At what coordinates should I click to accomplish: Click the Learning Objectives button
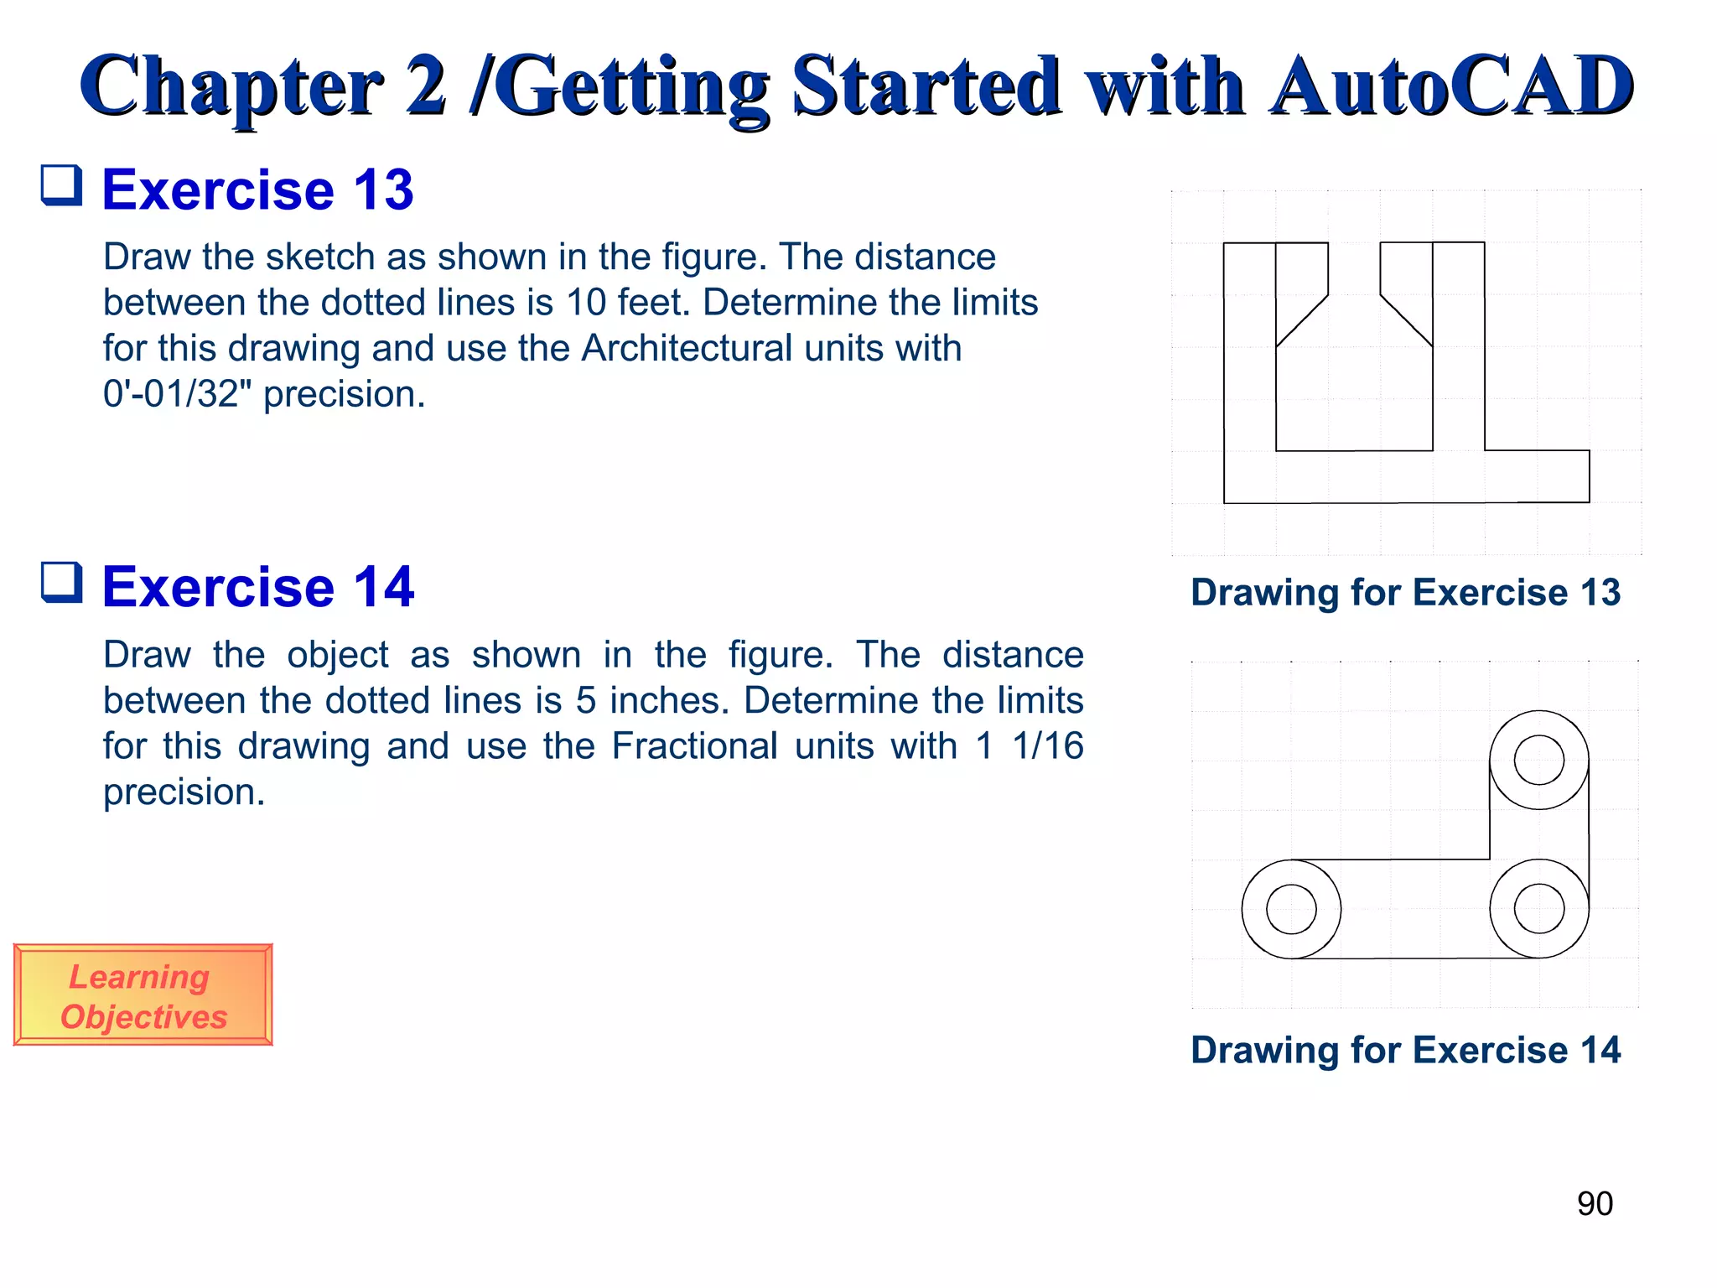pos(143,995)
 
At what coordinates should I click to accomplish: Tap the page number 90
pos(1594,1203)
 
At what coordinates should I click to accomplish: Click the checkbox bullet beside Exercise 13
pos(62,185)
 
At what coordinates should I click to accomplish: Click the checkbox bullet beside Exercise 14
pos(62,583)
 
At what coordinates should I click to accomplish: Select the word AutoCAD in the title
pos(1450,86)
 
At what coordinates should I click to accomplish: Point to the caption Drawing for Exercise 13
pos(1405,592)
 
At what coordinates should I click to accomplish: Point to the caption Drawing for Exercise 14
pos(1405,1050)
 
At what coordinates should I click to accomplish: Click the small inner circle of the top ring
pos(1538,760)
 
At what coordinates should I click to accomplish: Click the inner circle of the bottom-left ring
pos(1291,909)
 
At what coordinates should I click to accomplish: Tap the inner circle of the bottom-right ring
pos(1538,909)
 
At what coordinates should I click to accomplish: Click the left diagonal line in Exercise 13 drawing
pos(1302,320)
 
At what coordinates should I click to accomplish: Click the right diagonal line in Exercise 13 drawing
pos(1407,320)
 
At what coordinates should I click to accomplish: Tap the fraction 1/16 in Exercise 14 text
pos(1047,745)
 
